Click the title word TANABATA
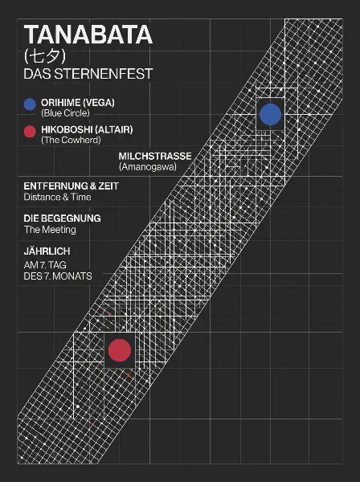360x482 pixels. (x=88, y=35)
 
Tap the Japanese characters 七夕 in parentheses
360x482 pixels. (x=45, y=56)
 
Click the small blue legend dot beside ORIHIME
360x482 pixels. (x=30, y=104)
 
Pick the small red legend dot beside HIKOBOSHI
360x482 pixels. (x=30, y=132)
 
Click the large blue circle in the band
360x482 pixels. (x=271, y=114)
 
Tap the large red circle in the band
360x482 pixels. (x=120, y=350)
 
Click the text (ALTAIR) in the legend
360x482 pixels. (x=114, y=129)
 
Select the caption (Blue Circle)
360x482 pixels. (x=65, y=113)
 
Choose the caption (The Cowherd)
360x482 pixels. (x=71, y=140)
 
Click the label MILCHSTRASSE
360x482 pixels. (x=155, y=156)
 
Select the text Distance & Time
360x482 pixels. (x=58, y=197)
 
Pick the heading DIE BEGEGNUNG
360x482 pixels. (x=63, y=219)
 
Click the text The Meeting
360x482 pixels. (x=50, y=230)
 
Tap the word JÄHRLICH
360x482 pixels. (x=47, y=251)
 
